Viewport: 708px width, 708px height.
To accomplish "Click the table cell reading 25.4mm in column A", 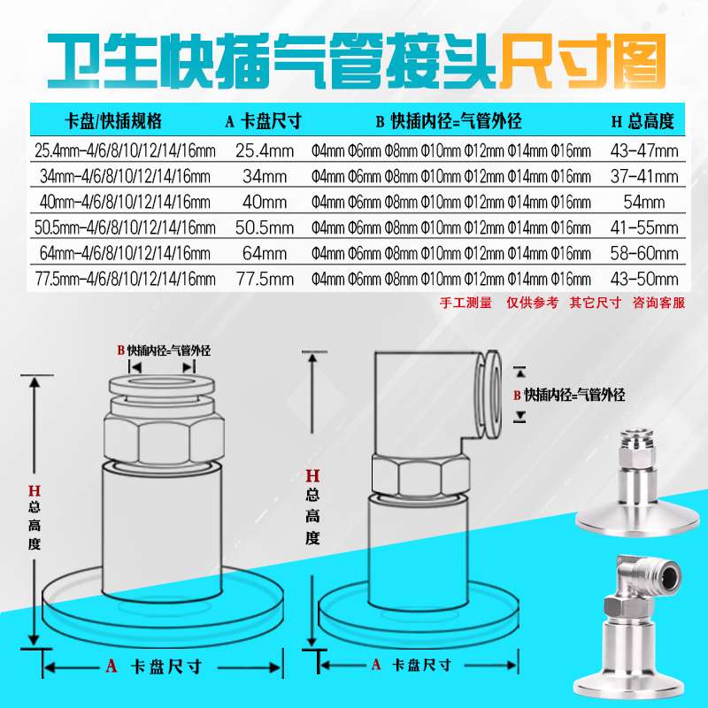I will point(263,150).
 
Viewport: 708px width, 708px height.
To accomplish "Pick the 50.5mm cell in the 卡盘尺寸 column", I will point(263,227).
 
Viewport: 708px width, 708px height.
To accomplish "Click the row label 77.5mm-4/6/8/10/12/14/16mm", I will point(125,280).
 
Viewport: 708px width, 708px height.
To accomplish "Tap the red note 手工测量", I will point(466,303).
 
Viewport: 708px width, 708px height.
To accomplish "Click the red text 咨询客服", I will point(659,303).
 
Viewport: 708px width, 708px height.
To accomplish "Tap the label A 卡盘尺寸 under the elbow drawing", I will point(412,665).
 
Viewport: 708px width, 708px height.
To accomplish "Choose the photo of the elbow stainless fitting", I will point(635,619).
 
